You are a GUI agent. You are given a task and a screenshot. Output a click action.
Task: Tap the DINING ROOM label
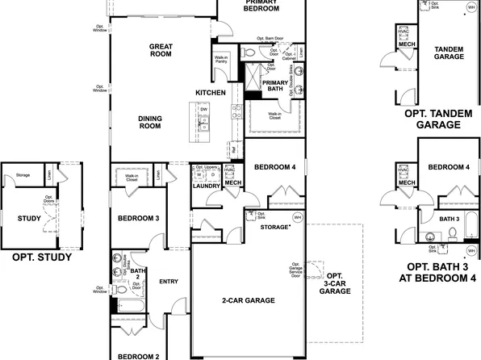(x=151, y=123)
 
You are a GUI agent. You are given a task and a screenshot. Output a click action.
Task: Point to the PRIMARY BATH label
(x=276, y=86)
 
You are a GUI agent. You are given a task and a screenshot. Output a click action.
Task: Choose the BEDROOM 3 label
(x=138, y=219)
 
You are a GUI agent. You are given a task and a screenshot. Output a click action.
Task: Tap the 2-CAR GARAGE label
(x=248, y=301)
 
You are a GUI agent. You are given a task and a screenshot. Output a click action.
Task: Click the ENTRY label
(x=169, y=282)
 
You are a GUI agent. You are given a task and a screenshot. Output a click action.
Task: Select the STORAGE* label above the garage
(x=276, y=228)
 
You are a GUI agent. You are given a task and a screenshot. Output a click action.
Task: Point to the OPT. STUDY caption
(x=42, y=258)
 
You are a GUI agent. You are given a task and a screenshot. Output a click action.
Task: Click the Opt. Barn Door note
(x=270, y=38)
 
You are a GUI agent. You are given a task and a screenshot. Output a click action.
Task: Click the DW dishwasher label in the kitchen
(x=204, y=110)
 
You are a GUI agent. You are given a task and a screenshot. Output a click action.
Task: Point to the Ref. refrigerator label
(x=232, y=149)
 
